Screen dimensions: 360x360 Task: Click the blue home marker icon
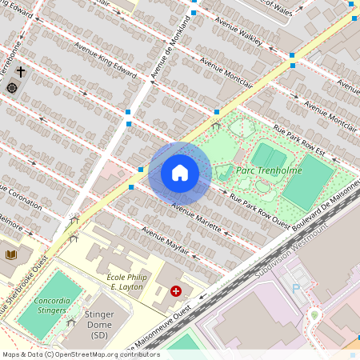(x=180, y=173)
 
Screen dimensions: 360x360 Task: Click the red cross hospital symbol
(x=175, y=292)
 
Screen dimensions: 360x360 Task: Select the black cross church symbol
(x=21, y=72)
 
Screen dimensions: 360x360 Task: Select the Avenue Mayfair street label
(x=165, y=240)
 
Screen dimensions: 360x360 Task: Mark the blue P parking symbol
(x=295, y=288)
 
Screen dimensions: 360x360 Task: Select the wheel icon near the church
(x=12, y=86)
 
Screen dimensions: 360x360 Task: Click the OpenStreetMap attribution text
(x=81, y=354)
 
